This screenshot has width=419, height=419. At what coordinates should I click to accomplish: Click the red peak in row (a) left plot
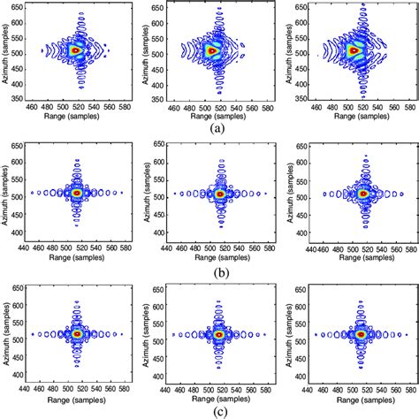point(77,51)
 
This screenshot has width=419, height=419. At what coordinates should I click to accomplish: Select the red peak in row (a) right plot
point(355,50)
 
